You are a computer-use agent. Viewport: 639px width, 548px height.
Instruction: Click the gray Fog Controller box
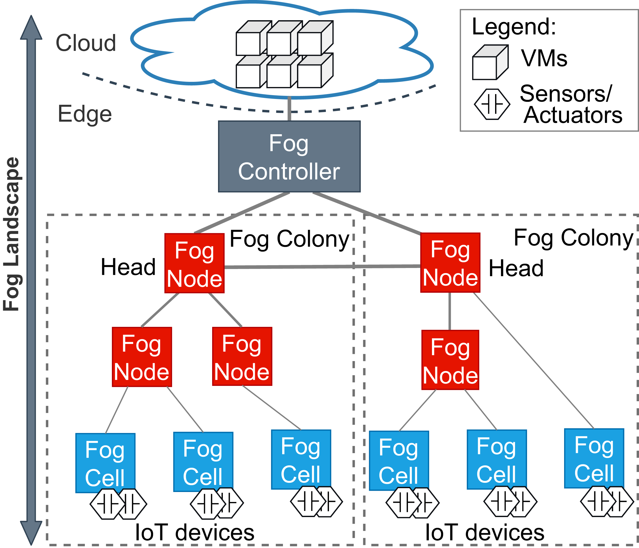pos(289,156)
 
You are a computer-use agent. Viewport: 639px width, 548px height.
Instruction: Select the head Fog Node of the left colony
pos(194,263)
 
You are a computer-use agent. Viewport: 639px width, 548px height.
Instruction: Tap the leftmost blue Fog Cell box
pos(105,463)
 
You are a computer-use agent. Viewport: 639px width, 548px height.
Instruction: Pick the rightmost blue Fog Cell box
pos(594,458)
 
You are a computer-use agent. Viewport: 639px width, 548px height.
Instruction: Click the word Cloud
pos(86,43)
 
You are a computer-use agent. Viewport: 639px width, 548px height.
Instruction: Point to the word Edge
pos(85,114)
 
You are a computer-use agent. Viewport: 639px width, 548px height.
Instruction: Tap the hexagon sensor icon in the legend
pos(492,104)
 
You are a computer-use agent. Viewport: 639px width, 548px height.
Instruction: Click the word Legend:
pos(514,27)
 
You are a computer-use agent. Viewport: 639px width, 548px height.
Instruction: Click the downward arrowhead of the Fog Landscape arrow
pos(31,532)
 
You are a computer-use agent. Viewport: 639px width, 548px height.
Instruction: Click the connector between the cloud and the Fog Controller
pos(289,109)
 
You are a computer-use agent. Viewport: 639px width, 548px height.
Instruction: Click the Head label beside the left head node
pos(128,267)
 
